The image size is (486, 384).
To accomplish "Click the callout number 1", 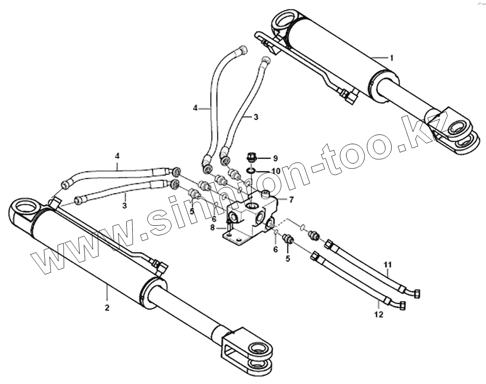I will pyautogui.click(x=392, y=58).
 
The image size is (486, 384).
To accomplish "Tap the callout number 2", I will pyautogui.click(x=107, y=307).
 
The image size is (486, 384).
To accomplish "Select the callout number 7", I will pyautogui.click(x=291, y=200).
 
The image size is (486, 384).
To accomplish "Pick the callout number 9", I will pyautogui.click(x=275, y=158).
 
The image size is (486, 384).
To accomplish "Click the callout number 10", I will pyautogui.click(x=276, y=171).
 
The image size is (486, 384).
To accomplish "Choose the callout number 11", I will pyautogui.click(x=387, y=265).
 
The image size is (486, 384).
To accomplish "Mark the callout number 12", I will pyautogui.click(x=379, y=314).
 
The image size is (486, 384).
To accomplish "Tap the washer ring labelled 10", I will pyautogui.click(x=250, y=170).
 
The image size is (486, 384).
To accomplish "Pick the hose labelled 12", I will pyautogui.click(x=360, y=284).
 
